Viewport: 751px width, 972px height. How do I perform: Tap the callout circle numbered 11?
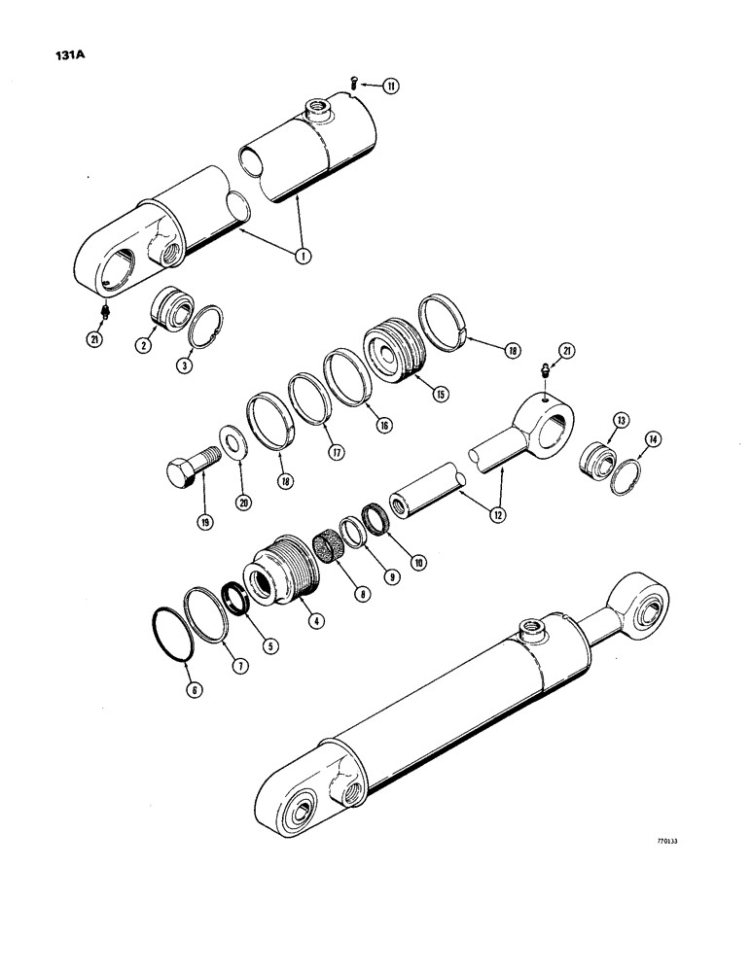[x=390, y=87]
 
